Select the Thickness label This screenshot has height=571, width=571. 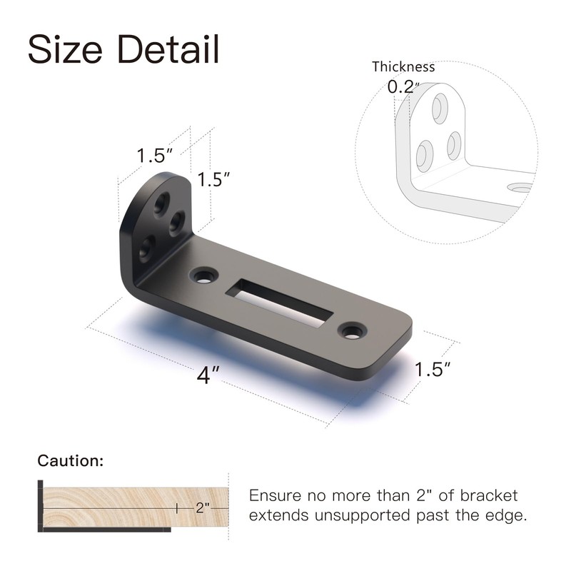point(403,67)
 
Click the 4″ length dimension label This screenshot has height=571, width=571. point(208,375)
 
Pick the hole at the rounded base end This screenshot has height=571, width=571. point(351,330)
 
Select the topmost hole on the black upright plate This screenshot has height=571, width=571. point(163,200)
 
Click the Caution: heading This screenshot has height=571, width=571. point(71,460)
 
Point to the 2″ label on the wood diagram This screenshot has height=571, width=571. point(202,507)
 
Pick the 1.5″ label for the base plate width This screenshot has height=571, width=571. point(433,370)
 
